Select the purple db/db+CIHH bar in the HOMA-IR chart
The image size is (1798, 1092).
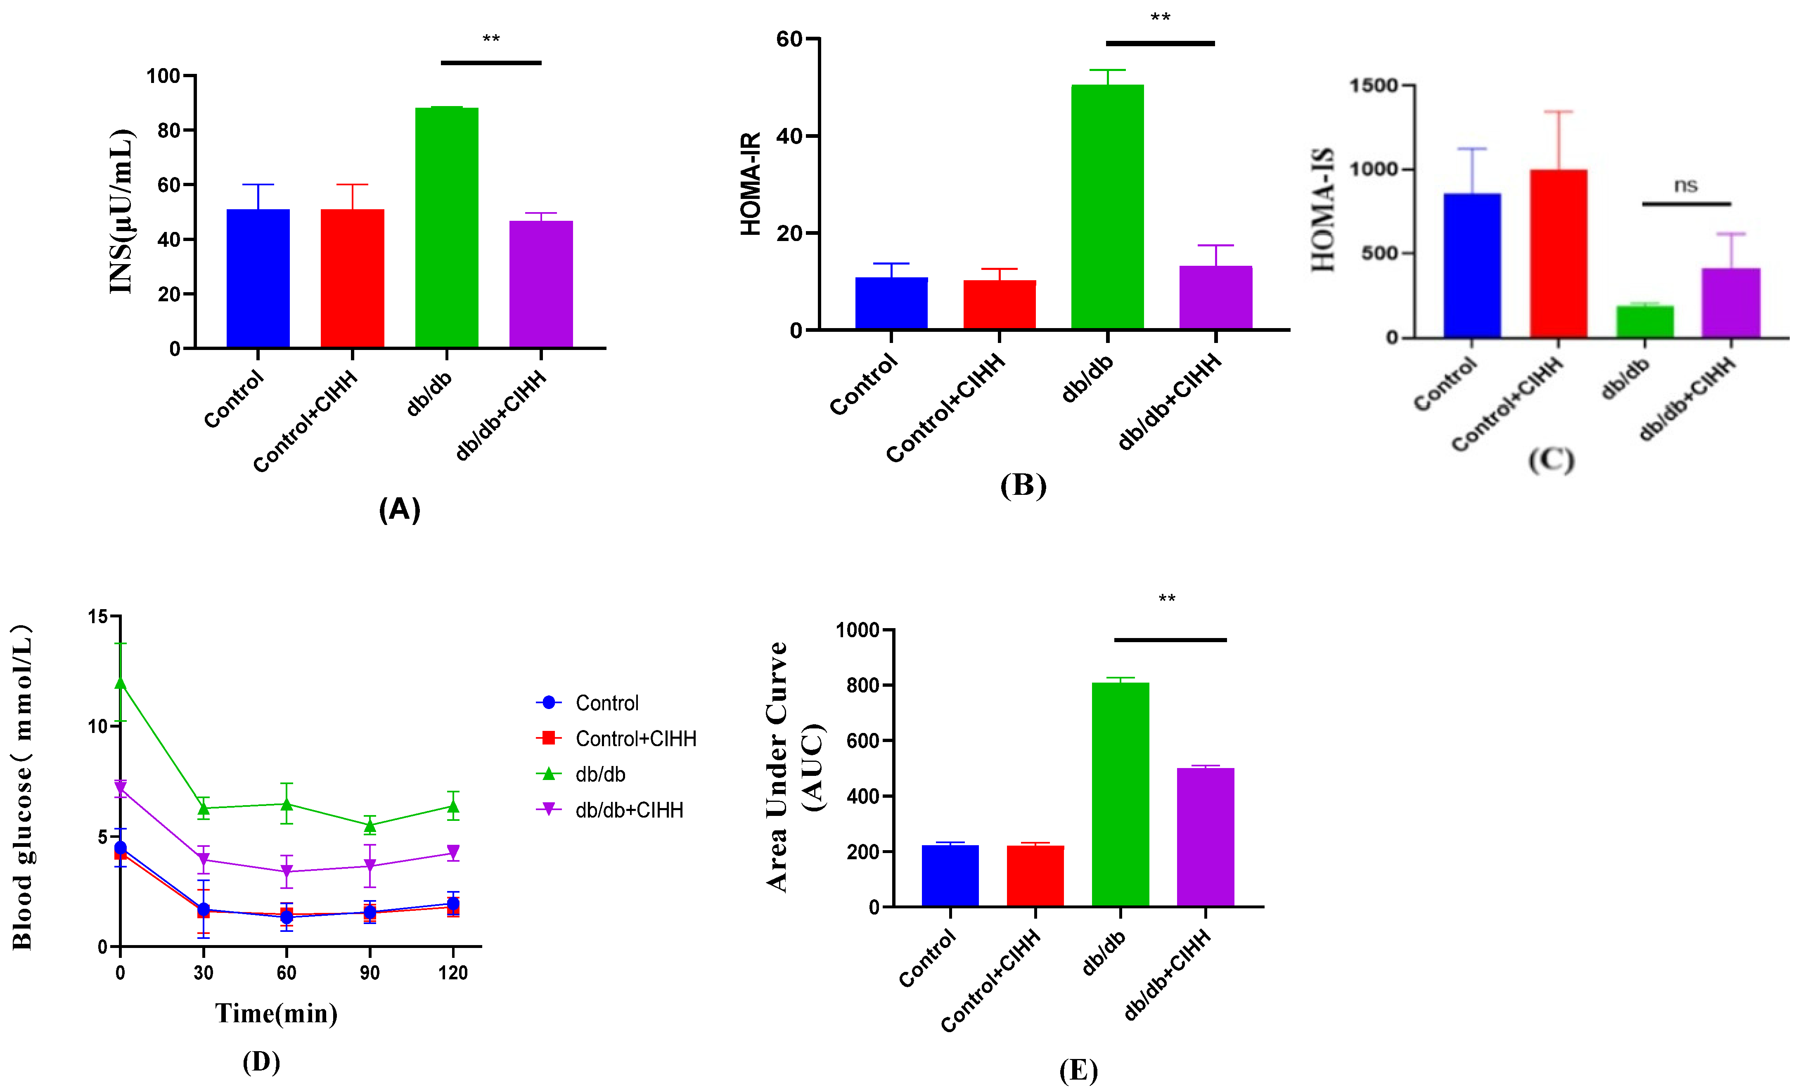click(x=1216, y=298)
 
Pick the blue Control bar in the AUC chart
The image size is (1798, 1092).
click(x=950, y=875)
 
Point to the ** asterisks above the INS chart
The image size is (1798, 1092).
click(x=491, y=39)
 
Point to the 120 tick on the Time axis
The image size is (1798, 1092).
click(x=452, y=972)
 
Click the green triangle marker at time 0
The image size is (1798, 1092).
click(x=121, y=683)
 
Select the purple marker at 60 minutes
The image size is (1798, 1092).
click(x=287, y=872)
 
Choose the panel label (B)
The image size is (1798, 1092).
click(x=1023, y=485)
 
